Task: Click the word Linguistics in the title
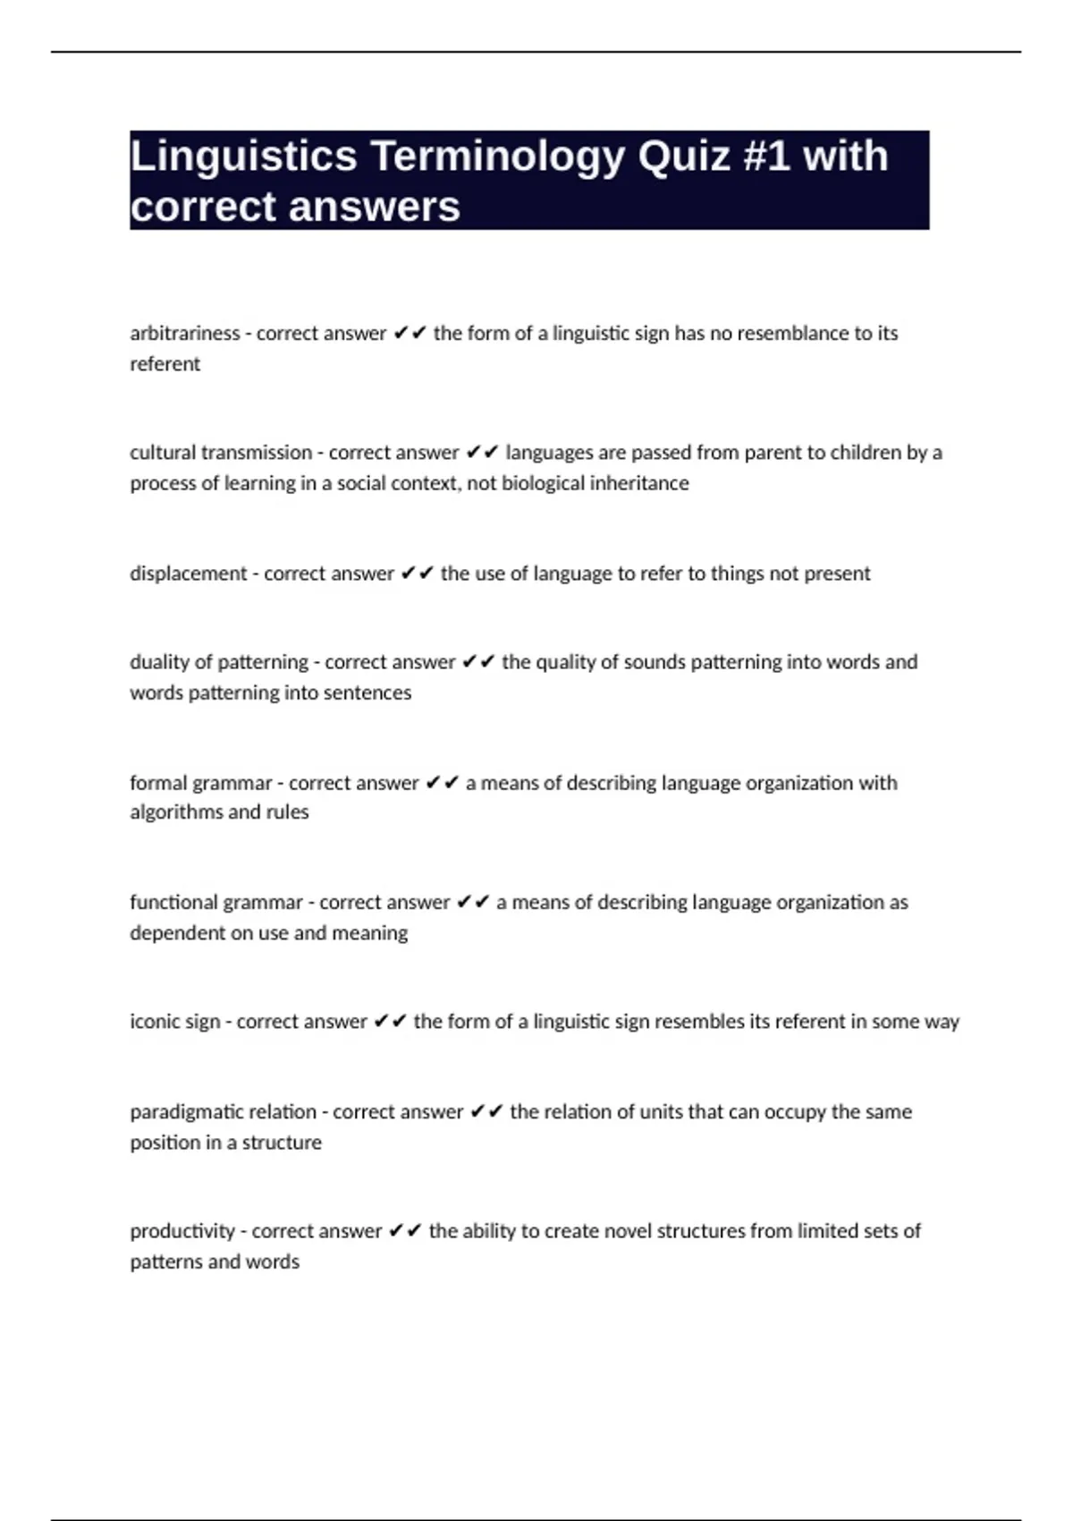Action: [x=243, y=157]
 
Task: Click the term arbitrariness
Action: [x=184, y=334]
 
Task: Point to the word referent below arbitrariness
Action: [x=165, y=364]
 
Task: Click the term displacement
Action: [x=188, y=574]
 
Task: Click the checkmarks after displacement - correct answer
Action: [x=418, y=574]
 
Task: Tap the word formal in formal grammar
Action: [x=155, y=783]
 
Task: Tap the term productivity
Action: [x=182, y=1231]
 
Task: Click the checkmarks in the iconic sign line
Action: [x=391, y=1022]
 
